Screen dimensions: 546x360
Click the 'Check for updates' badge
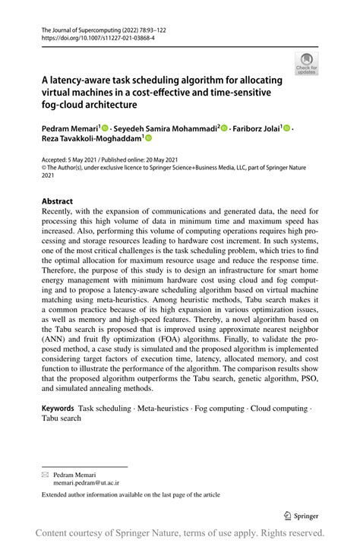(x=306, y=64)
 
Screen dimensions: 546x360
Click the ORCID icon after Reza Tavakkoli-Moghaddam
(x=149, y=139)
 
